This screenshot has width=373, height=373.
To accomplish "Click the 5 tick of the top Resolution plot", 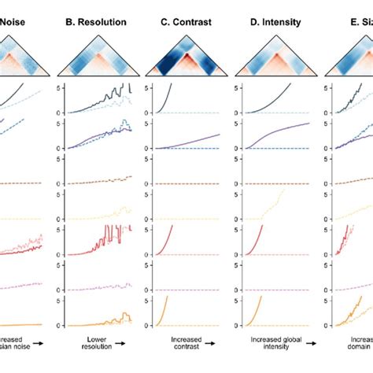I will (x=61, y=88).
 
